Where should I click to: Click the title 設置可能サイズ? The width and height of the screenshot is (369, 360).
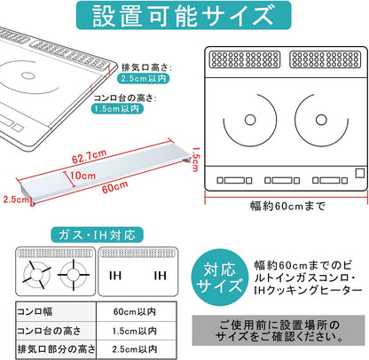pos(184,17)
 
